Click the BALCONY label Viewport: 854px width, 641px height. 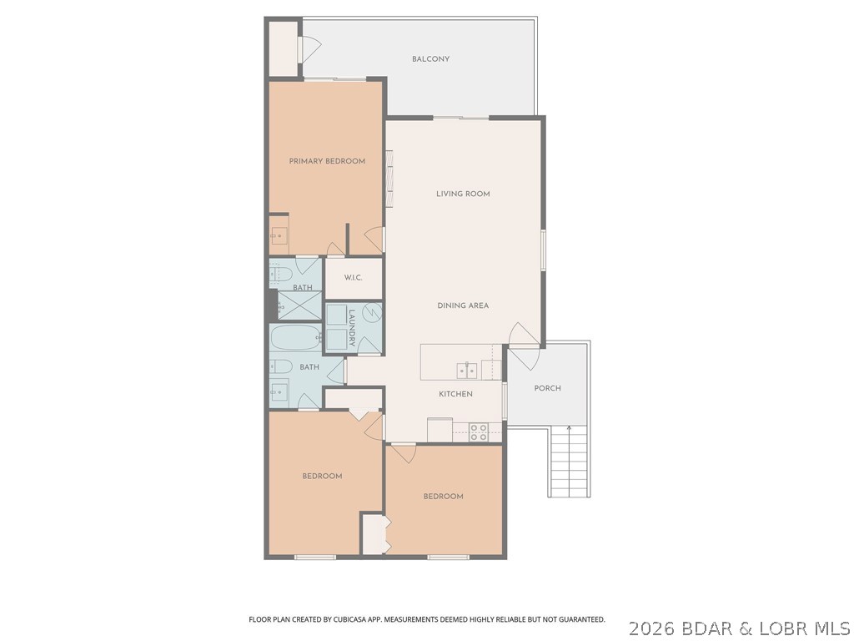[x=430, y=59]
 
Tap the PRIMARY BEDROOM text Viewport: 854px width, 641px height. [x=327, y=161]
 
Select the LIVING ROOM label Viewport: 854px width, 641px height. [x=463, y=194]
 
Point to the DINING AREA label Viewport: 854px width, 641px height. [x=463, y=305]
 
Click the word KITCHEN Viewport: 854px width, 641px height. [x=456, y=394]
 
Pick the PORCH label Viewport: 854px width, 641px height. [x=547, y=388]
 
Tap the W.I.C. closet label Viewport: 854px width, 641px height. [x=353, y=278]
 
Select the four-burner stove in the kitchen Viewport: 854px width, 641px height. [x=479, y=432]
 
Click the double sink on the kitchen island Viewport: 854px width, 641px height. [x=465, y=370]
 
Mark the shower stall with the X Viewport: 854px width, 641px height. [x=298, y=305]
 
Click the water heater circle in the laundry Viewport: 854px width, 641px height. [x=373, y=314]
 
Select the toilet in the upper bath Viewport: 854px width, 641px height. [x=279, y=273]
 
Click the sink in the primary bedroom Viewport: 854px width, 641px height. [x=278, y=235]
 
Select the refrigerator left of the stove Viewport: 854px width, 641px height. [x=440, y=429]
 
